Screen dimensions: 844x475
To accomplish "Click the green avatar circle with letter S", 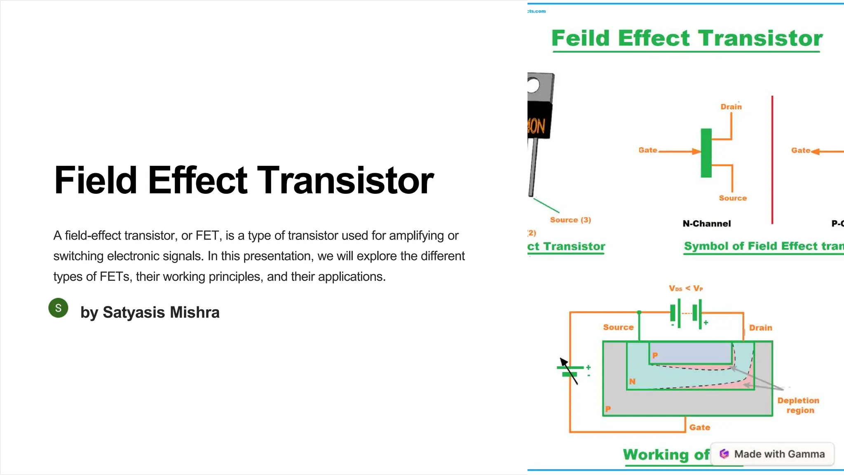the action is click(58, 308).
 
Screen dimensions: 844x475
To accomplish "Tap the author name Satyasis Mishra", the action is click(161, 313).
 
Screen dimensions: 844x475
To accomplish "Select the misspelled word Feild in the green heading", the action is click(581, 38).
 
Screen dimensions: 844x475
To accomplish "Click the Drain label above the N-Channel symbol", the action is click(731, 107).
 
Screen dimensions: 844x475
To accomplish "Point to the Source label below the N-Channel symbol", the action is click(732, 198).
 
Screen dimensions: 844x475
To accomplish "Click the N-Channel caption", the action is click(706, 223).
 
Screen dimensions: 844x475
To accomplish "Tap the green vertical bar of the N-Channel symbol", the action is click(706, 153).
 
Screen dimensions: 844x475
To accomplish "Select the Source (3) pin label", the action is click(570, 220).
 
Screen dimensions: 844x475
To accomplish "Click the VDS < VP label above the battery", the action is click(685, 288).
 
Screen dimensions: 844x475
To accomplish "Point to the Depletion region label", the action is click(798, 405).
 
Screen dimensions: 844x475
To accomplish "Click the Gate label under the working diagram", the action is click(700, 428).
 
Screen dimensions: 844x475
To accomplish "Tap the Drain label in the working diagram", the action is click(760, 328).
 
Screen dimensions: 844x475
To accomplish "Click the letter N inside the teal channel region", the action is click(632, 381).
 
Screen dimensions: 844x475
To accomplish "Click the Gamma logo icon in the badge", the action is click(724, 454).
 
